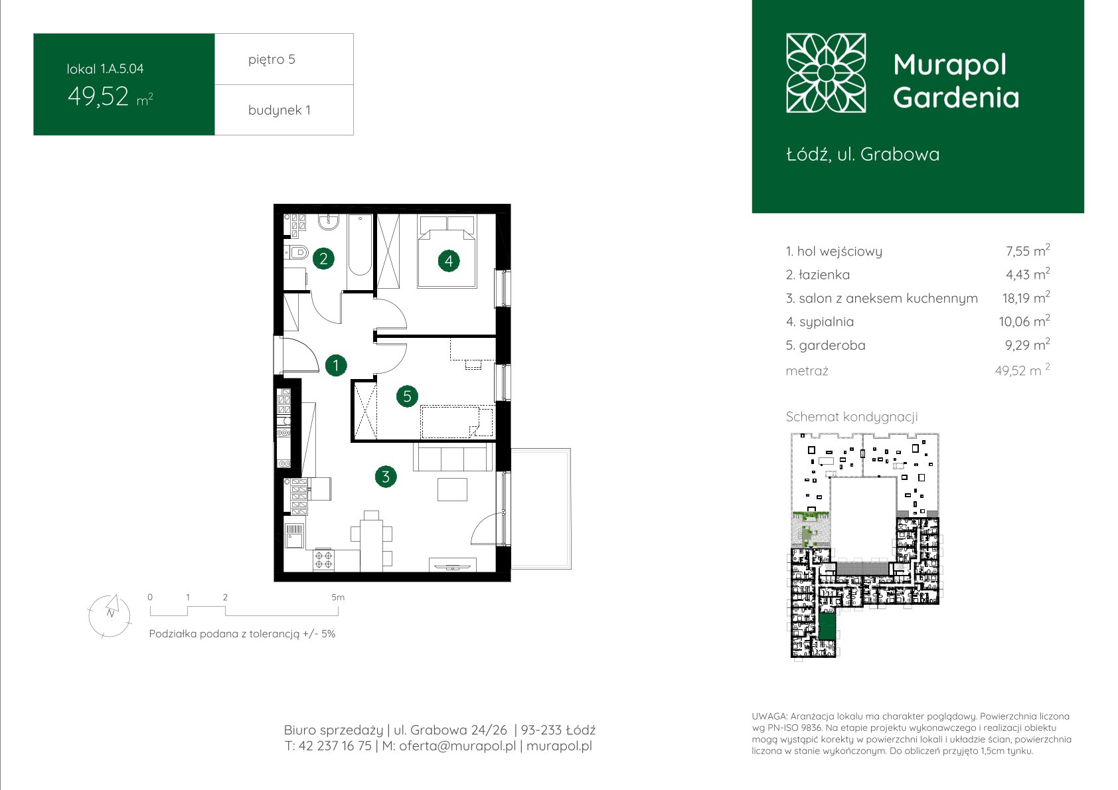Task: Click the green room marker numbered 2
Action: pos(323,258)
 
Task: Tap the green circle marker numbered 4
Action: pos(449,260)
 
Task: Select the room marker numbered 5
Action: pos(407,396)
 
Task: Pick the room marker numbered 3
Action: pos(386,477)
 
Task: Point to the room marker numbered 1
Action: pos(336,365)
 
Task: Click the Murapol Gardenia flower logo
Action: pos(826,73)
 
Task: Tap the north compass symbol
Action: pos(110,616)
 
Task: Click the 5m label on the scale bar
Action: pos(338,597)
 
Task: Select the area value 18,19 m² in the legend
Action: pos(1026,297)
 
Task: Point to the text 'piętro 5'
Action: pos(272,59)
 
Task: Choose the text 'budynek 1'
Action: pos(279,110)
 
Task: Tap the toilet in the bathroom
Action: pos(297,252)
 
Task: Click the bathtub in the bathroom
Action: pos(360,245)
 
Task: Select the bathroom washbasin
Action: pos(329,222)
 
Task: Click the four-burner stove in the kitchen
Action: pos(323,560)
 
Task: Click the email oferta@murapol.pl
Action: pos(457,746)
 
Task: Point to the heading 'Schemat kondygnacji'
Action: pos(852,417)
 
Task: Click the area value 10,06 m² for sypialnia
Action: pos(1024,321)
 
